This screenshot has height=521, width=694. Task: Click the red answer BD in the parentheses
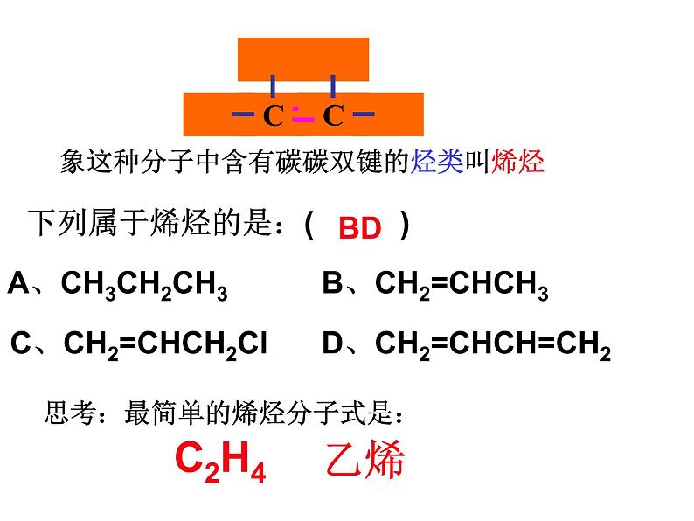point(360,228)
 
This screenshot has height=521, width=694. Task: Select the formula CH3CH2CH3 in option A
point(144,285)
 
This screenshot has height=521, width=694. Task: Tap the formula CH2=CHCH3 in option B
point(462,285)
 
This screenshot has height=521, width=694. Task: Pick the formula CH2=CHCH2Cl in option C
point(165,344)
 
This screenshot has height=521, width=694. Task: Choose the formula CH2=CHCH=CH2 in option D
point(493,344)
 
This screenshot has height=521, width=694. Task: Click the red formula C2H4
point(220,461)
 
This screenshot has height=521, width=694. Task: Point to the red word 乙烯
point(365,459)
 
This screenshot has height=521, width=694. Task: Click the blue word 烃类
point(437,161)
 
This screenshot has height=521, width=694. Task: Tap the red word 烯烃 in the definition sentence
point(517,161)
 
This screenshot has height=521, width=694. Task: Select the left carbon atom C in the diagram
point(273,115)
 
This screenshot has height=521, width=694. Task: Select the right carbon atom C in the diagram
point(333,115)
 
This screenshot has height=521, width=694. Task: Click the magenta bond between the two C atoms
point(303,115)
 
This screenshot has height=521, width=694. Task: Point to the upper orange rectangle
point(303,59)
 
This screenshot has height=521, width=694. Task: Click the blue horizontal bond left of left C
point(244,115)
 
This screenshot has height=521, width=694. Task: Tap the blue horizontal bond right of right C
point(364,115)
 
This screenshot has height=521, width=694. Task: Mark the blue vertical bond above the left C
point(273,87)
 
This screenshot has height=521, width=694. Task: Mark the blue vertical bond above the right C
point(333,87)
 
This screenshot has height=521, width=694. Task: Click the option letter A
point(18,282)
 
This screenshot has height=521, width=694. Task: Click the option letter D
point(333,343)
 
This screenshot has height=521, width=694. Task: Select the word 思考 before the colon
point(71,413)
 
